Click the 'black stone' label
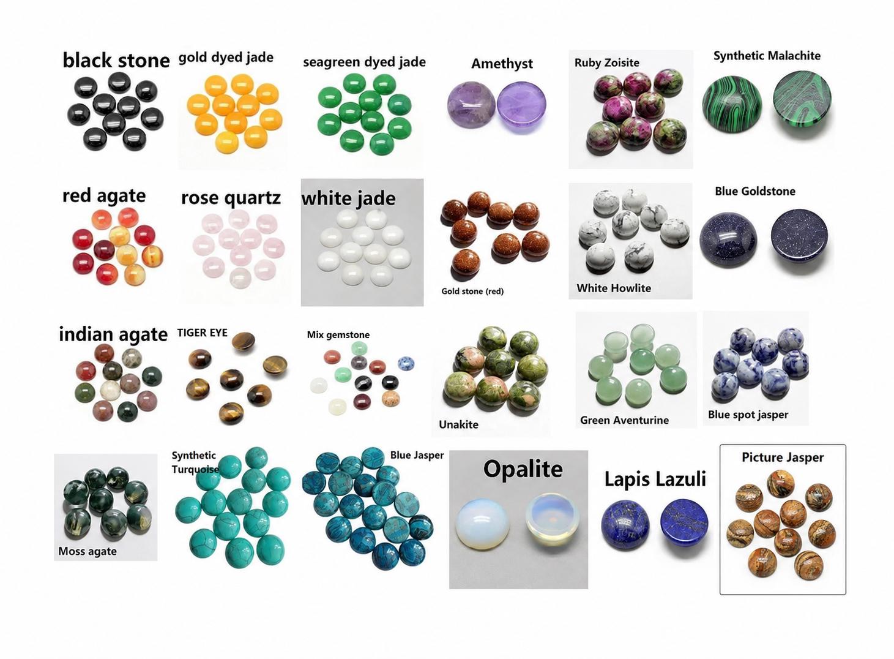tap(116, 60)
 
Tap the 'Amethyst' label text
tap(502, 64)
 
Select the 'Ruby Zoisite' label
tap(606, 62)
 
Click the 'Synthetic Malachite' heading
tap(767, 56)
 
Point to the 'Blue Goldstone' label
tap(754, 191)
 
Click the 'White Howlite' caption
tap(613, 288)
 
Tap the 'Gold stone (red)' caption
tap(472, 291)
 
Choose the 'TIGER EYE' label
tap(203, 333)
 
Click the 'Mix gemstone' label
tap(338, 334)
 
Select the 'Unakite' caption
tap(458, 424)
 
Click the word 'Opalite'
tap(523, 469)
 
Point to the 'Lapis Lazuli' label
tap(655, 479)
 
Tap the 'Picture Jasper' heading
tap(783, 458)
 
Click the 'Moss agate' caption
tap(88, 551)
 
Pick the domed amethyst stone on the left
tap(471, 105)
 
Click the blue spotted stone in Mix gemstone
tap(406, 363)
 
